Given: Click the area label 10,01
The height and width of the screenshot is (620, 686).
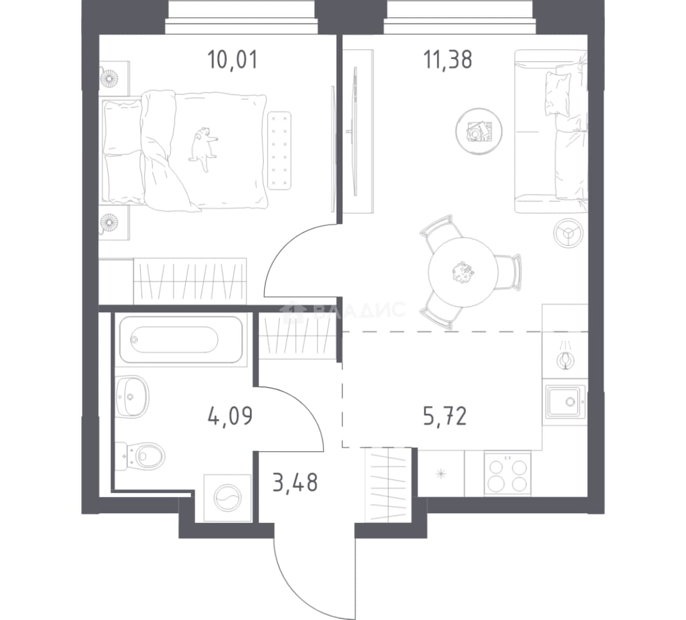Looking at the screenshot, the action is click(x=232, y=60).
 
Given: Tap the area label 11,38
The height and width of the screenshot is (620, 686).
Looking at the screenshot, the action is click(x=448, y=60).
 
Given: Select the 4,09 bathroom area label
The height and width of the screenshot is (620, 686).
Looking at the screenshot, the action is click(x=230, y=416).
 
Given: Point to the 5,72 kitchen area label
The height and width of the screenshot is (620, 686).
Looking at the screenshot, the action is click(x=445, y=416).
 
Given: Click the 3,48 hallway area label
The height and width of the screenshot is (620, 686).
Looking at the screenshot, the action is click(x=295, y=482).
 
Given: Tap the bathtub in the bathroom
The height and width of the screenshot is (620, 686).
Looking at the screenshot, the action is click(x=180, y=339).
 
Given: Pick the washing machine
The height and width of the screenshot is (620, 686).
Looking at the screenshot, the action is click(x=228, y=498).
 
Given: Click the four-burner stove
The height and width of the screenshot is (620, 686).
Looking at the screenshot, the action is click(x=507, y=474).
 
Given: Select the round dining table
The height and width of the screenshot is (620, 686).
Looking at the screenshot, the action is click(x=463, y=272).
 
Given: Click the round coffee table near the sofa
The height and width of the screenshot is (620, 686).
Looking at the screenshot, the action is click(x=479, y=131).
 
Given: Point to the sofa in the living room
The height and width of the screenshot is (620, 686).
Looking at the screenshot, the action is click(x=551, y=131).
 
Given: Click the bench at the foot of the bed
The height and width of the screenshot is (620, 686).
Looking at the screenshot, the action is click(x=279, y=150).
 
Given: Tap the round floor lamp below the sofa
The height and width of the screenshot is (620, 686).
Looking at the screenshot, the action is click(x=568, y=233).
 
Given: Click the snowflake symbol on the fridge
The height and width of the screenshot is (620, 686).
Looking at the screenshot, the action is click(x=441, y=474).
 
